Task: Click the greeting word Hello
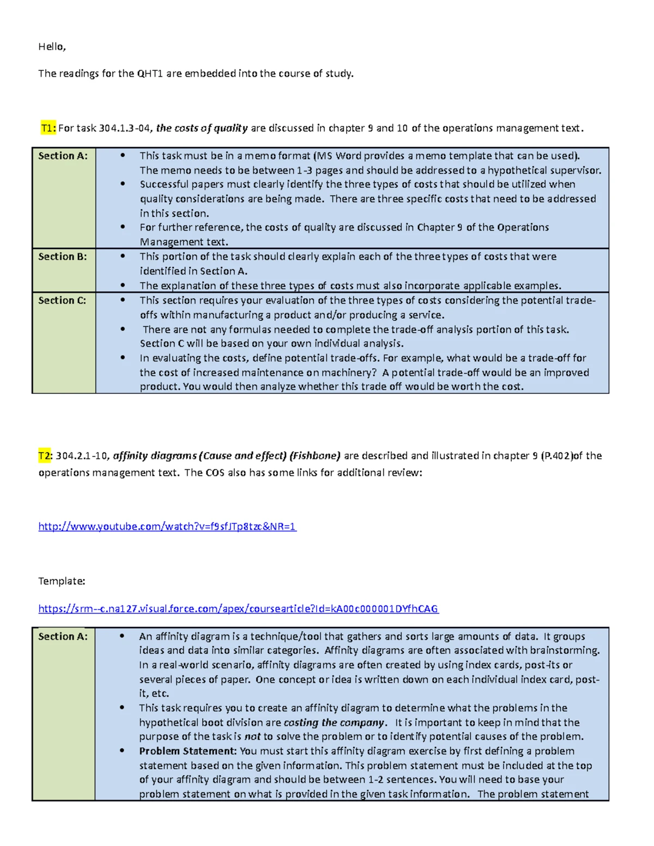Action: coord(52,47)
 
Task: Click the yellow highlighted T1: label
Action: coord(48,129)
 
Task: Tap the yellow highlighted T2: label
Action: coord(45,456)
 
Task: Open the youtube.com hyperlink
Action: coord(167,526)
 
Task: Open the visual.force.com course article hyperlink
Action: coord(238,609)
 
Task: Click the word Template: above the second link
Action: coord(62,581)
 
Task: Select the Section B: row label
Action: coord(62,257)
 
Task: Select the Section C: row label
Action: coord(62,300)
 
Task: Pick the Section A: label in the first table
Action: coord(63,156)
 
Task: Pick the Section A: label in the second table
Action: coord(63,636)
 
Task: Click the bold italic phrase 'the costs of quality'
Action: coord(202,129)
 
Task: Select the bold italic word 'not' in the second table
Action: coord(252,737)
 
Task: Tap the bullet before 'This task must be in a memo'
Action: coord(123,156)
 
